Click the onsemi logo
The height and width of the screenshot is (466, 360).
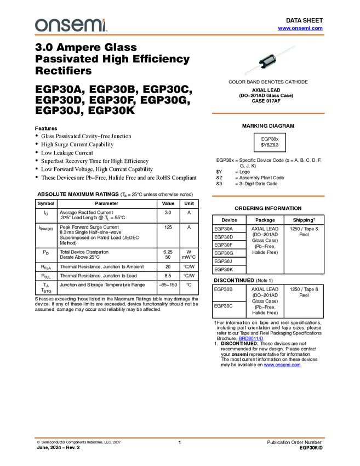(71, 25)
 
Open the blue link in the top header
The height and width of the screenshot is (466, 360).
(300, 29)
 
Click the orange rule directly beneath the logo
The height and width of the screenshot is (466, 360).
(180, 35)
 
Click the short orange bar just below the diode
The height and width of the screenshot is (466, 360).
(268, 113)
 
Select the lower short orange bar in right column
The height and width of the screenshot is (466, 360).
(268, 196)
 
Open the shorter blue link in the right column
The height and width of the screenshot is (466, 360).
(251, 338)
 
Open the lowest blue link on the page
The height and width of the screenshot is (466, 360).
(282, 365)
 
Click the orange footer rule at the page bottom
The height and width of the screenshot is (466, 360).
(180, 437)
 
